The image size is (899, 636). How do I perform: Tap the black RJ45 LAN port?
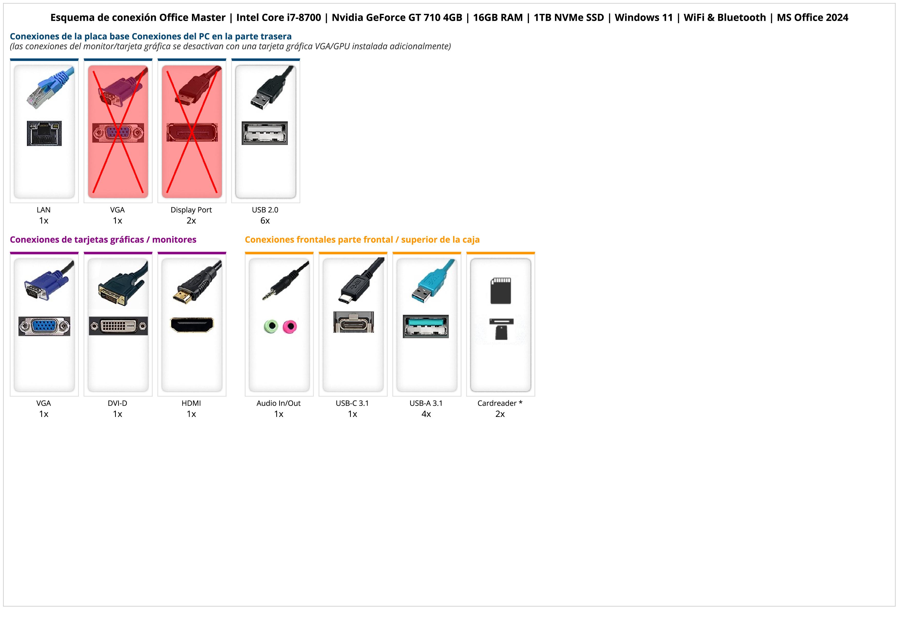[44, 134]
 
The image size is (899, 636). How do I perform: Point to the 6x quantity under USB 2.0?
[265, 221]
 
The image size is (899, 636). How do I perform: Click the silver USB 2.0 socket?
[265, 133]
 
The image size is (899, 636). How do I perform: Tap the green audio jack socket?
[271, 326]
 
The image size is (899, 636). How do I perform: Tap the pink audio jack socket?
[290, 326]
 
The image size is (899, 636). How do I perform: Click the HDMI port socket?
[192, 325]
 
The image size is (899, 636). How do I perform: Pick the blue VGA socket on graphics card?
[44, 326]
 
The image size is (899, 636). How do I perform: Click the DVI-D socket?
[118, 326]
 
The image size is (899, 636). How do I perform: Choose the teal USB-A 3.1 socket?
[426, 326]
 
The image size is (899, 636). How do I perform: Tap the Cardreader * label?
[500, 403]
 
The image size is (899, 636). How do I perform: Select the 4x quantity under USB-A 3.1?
[426, 414]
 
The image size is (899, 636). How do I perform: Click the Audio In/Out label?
[278, 403]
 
